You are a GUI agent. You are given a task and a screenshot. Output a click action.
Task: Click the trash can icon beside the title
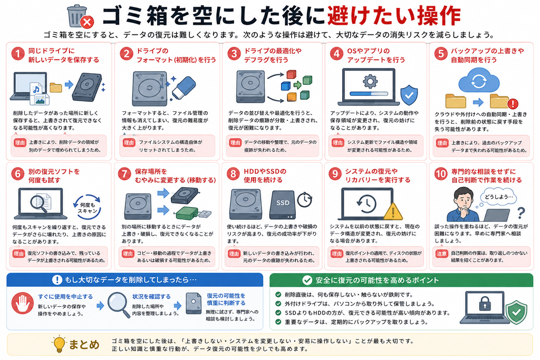click(77, 16)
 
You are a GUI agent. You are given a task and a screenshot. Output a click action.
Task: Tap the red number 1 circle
click(18, 54)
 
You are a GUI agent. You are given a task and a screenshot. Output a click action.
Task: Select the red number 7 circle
click(124, 174)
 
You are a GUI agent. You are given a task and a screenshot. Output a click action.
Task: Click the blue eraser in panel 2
click(183, 87)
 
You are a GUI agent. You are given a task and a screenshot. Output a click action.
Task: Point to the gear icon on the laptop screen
click(370, 81)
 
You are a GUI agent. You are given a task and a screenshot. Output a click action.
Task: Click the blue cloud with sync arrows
click(479, 82)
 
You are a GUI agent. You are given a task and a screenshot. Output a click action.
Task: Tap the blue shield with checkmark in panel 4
click(409, 95)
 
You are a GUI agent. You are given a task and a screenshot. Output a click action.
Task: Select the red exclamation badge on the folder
click(513, 103)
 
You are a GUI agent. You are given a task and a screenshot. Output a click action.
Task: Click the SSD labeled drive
click(283, 205)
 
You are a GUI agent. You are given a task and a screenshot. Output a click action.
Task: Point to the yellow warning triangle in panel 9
click(393, 211)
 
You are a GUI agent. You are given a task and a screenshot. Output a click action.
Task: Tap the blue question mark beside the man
click(521, 213)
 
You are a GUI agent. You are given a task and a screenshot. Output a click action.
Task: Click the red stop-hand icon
click(22, 303)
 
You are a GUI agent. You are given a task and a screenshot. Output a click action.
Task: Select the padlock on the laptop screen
click(485, 304)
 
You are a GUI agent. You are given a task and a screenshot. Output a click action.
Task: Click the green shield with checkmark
click(516, 312)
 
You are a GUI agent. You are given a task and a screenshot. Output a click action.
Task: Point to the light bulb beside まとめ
click(59, 344)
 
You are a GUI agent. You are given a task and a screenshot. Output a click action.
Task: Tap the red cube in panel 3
click(291, 74)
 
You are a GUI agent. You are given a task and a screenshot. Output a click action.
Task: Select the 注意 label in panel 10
click(441, 254)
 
